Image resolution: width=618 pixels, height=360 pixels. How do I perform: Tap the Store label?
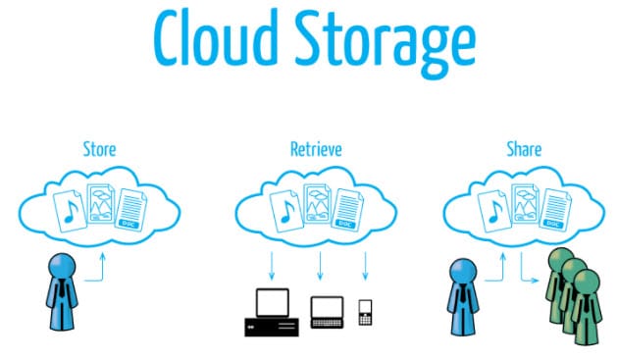(100, 149)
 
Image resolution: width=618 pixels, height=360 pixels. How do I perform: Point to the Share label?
(524, 149)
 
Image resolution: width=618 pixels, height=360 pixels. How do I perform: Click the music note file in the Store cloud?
(69, 208)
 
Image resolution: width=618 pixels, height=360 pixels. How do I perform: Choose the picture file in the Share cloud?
(526, 204)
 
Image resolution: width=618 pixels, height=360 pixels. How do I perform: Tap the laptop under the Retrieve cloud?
(325, 312)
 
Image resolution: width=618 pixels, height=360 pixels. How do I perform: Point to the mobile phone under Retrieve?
(365, 314)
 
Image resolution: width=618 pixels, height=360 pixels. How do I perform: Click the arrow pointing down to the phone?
(365, 265)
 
